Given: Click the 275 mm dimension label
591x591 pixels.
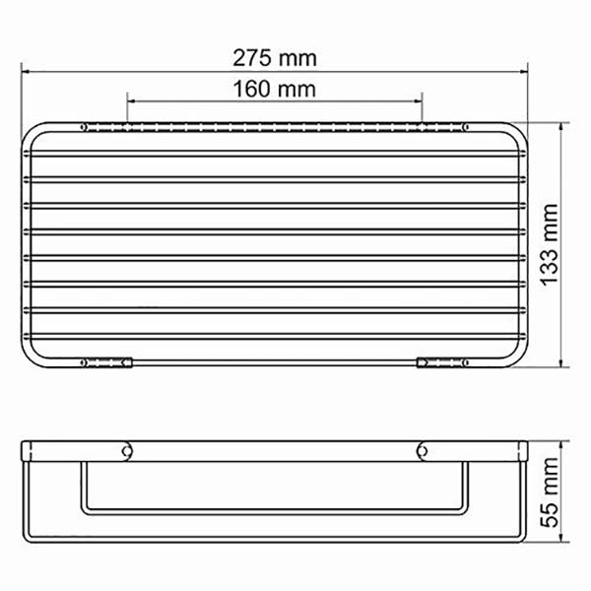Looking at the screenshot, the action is pyautogui.click(x=275, y=58).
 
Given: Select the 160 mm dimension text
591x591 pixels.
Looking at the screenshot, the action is pyautogui.click(x=275, y=90).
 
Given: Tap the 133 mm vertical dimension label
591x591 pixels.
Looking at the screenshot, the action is pyautogui.click(x=549, y=245).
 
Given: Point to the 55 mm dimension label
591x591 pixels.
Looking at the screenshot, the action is pyautogui.click(x=549, y=492).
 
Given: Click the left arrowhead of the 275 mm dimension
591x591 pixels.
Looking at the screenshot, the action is pyautogui.click(x=26, y=71).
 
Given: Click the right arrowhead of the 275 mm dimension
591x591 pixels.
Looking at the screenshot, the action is pyautogui.click(x=523, y=71).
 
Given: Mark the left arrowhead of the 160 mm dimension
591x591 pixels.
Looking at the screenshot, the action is pyautogui.click(x=132, y=101).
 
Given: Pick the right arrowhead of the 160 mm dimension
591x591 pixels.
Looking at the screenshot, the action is pyautogui.click(x=418, y=101).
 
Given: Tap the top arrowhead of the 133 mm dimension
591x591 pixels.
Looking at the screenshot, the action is pyautogui.click(x=561, y=127).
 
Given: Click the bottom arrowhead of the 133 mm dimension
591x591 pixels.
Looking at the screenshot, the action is pyautogui.click(x=561, y=362).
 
